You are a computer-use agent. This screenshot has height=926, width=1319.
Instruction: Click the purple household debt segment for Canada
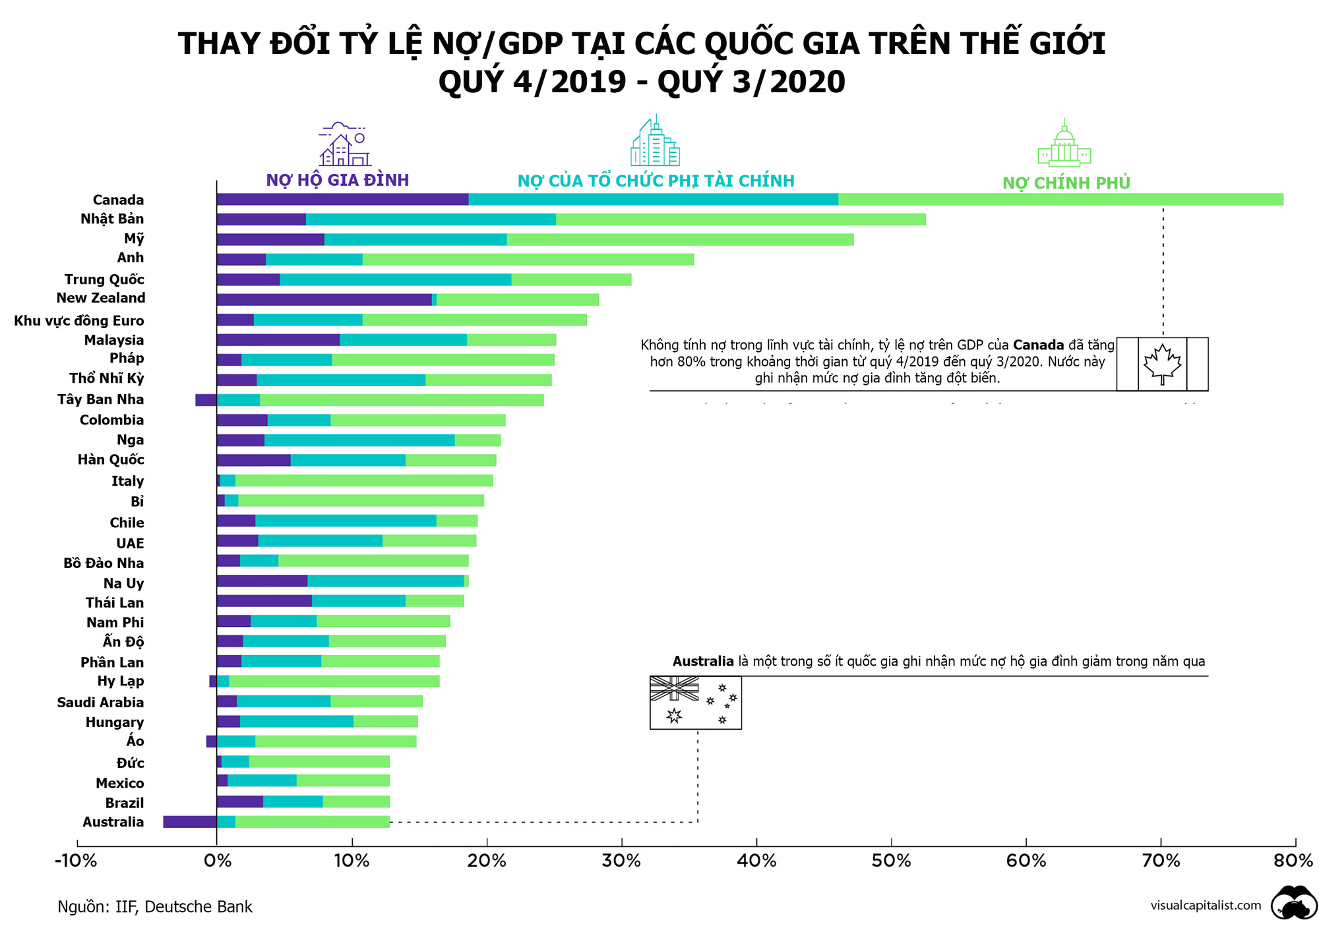[x=342, y=200]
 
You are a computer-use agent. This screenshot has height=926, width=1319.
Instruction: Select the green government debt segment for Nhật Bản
[x=740, y=219]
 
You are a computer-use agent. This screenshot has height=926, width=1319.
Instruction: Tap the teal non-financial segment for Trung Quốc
[x=395, y=279]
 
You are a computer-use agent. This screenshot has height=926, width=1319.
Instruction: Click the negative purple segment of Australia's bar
[x=190, y=822]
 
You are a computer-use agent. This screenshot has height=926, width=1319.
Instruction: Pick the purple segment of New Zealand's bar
[x=324, y=300]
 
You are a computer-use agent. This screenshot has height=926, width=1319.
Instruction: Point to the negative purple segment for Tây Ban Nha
[x=206, y=400]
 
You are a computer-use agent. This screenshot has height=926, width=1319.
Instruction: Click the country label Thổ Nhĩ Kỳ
[x=106, y=378]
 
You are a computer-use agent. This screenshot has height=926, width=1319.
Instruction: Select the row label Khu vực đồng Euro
[x=78, y=321]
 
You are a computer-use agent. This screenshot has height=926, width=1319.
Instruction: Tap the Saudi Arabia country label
[x=100, y=703]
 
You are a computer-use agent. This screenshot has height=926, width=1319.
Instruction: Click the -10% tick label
[x=76, y=861]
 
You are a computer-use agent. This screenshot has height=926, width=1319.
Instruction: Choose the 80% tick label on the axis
[x=1293, y=861]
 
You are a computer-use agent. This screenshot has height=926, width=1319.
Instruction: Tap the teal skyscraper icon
[x=654, y=142]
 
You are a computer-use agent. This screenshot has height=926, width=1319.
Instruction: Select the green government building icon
[x=1064, y=144]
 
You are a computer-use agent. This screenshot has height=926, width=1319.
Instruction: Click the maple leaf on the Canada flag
[x=1162, y=364]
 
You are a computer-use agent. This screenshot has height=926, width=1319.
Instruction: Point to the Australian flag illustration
[x=695, y=703]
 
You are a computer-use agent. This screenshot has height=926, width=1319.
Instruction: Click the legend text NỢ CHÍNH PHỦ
[x=1066, y=183]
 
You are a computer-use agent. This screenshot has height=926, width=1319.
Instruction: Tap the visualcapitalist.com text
[x=1206, y=906]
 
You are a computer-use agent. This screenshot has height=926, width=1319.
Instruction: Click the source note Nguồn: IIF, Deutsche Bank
[x=155, y=907]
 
